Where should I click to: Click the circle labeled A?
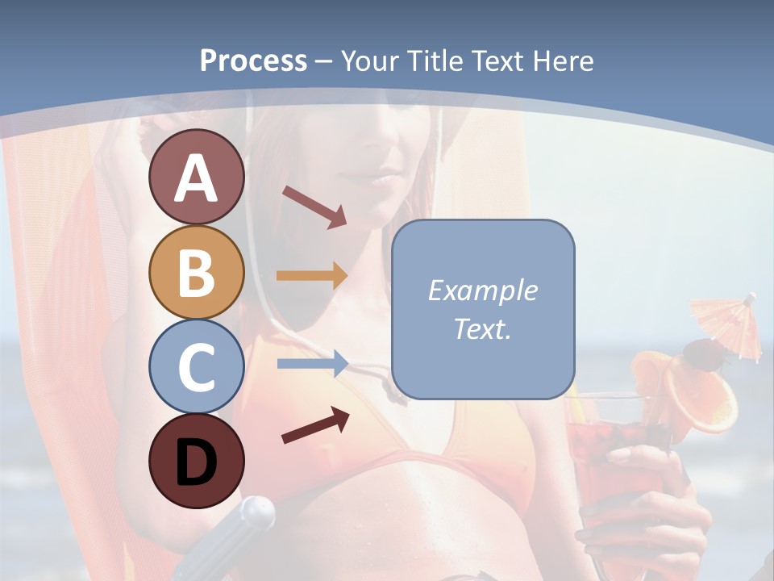(x=196, y=177)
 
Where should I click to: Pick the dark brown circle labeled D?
(x=196, y=461)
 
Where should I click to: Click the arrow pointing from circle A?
(x=314, y=207)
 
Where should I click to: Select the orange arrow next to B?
(x=312, y=276)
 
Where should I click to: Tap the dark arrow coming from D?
(x=315, y=425)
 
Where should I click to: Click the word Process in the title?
(x=253, y=61)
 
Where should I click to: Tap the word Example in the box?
(x=482, y=290)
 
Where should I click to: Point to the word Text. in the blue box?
(x=482, y=328)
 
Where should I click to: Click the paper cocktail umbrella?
(x=726, y=323)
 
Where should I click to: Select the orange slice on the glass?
(x=708, y=399)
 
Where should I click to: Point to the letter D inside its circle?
(x=196, y=462)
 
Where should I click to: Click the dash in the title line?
(x=324, y=61)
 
